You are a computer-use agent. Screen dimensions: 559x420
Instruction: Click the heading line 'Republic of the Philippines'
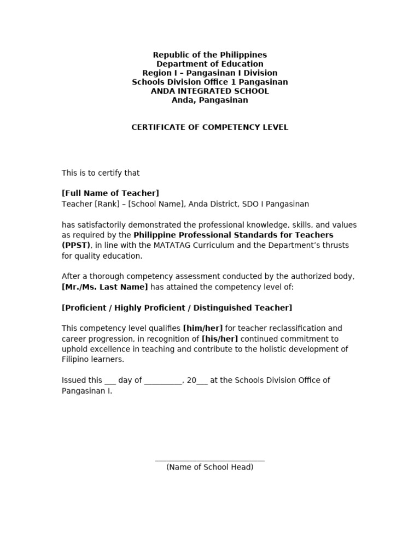(x=210, y=55)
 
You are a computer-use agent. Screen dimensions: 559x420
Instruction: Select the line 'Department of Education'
(x=210, y=64)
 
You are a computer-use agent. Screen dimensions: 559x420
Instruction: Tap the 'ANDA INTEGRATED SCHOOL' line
(x=210, y=91)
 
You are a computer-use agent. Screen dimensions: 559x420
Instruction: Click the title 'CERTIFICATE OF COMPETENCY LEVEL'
(x=210, y=127)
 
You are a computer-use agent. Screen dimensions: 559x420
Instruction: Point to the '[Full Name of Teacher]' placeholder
(x=110, y=193)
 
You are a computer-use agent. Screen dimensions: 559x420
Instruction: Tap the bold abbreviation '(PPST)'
(x=76, y=245)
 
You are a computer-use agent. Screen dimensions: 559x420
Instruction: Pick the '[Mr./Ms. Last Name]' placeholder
(x=105, y=287)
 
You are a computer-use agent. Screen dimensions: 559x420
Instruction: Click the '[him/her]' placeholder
(x=203, y=328)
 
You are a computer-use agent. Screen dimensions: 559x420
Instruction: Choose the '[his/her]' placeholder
(x=220, y=338)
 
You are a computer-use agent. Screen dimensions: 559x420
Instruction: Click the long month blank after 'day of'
(x=163, y=381)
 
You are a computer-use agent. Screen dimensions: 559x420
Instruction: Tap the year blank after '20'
(x=202, y=381)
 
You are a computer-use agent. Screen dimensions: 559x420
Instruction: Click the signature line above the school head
(x=210, y=461)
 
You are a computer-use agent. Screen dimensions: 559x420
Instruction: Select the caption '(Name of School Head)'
(x=210, y=467)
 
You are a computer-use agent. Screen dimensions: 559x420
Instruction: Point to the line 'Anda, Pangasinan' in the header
(x=210, y=100)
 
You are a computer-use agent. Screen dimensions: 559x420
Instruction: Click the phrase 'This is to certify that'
(x=101, y=173)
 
